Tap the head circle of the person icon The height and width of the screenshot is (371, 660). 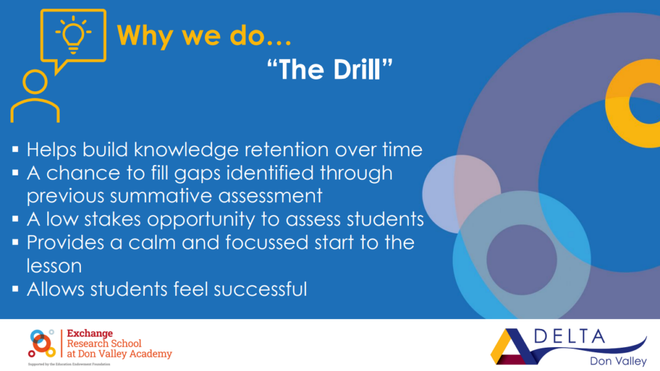pyautogui.click(x=35, y=82)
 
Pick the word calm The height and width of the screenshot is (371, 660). pyautogui.click(x=151, y=243)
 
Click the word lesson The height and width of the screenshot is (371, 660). pyautogui.click(x=54, y=266)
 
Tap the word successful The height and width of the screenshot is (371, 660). pyautogui.click(x=260, y=289)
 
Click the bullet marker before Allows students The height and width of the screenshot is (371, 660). pyautogui.click(x=16, y=289)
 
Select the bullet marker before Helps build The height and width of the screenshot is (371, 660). pyautogui.click(x=16, y=149)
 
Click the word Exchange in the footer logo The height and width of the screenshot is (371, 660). pyautogui.click(x=90, y=333)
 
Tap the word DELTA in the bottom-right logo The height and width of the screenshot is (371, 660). pyautogui.click(x=569, y=337)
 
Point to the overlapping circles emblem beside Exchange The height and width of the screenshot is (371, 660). pyautogui.click(x=41, y=343)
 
